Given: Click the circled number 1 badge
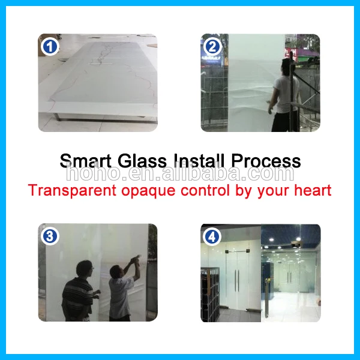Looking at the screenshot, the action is (50, 47).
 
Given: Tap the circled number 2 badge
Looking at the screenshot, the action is (212, 47).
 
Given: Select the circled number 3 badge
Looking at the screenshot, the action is (50, 236).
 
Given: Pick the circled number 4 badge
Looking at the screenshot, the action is (212, 237).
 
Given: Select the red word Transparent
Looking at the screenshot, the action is (73, 190).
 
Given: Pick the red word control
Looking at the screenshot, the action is (205, 190).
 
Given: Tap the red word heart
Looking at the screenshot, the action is (313, 190).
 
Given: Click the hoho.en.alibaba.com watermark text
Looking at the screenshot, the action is (180, 173).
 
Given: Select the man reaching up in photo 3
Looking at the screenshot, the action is (123, 290).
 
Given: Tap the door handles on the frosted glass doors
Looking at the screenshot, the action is (237, 281).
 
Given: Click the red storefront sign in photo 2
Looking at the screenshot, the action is (291, 55).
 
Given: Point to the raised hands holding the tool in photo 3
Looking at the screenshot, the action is (136, 260).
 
